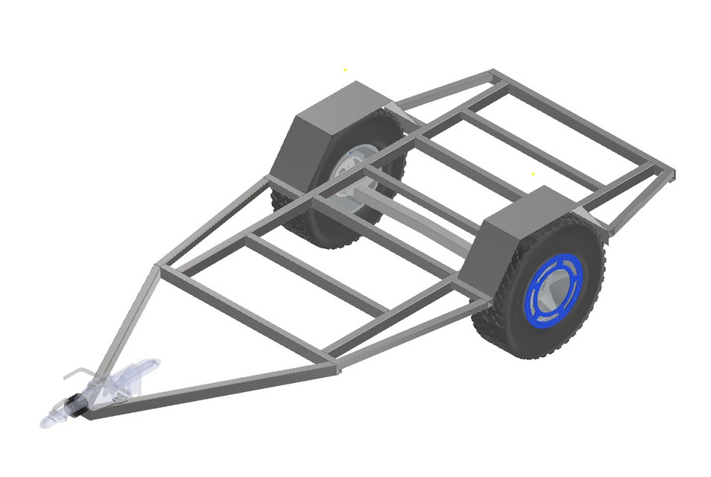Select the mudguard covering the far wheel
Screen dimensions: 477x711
click(328, 127)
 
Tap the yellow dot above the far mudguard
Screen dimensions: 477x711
click(345, 70)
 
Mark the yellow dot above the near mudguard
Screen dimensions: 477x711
click(533, 174)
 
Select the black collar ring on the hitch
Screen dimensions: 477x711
click(75, 406)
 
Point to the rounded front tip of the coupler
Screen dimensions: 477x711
click(46, 423)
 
